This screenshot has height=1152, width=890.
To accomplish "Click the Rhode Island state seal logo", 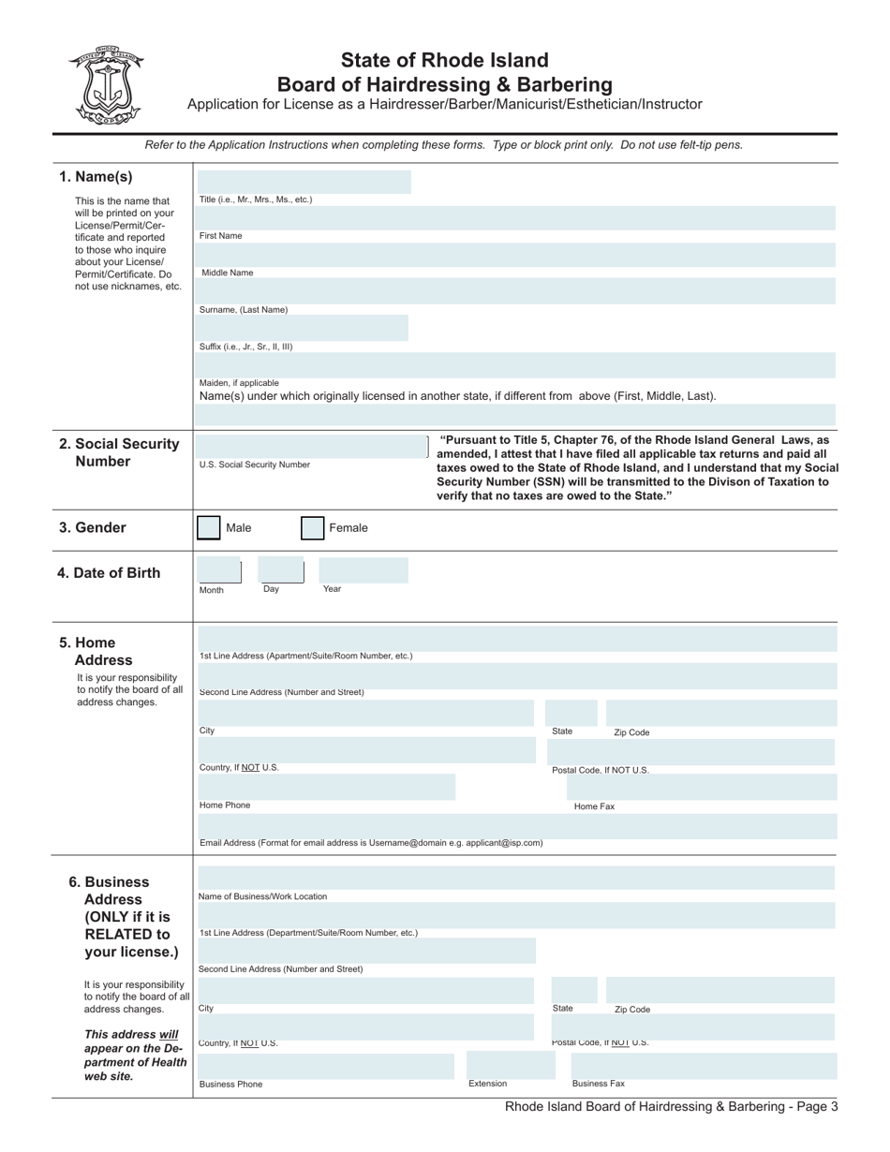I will coord(104,85).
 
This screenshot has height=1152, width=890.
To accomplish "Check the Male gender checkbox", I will coord(209,528).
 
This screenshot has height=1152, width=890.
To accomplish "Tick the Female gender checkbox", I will coord(312,528).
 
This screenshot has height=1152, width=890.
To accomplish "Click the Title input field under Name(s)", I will coord(304,182).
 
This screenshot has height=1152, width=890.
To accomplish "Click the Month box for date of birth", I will coord(219,571).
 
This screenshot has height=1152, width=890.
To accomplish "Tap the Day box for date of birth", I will coord(281,571).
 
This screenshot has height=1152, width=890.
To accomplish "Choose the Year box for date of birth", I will coord(363,571).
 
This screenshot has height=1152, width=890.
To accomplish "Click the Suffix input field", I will coord(304,328).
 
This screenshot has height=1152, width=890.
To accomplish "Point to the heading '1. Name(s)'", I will coord(96,177).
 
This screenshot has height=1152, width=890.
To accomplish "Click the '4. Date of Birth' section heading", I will coord(109,573).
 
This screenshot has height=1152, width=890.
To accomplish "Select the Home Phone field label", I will coord(225,805).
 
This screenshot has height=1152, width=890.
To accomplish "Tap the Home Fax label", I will coord(594,806).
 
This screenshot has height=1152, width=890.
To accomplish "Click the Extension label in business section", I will coord(487,1084).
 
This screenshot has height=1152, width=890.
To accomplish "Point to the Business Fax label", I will coord(598,1084).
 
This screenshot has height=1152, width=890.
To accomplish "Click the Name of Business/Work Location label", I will coord(263,896).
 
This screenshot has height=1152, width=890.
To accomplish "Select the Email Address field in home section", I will coord(517,826).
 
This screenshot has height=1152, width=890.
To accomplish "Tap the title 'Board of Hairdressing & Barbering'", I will coord(444,84).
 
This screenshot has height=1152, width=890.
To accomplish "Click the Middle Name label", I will coord(228,273).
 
